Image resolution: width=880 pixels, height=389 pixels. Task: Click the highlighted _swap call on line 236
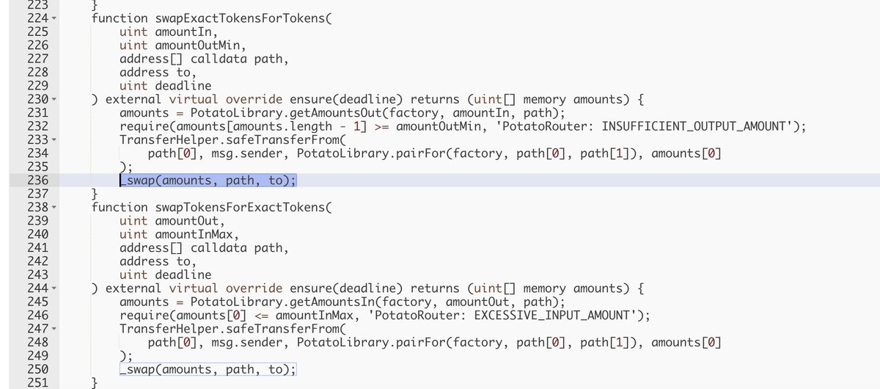208,181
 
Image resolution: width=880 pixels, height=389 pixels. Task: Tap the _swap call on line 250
208,370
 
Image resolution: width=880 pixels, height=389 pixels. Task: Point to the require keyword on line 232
142,126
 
